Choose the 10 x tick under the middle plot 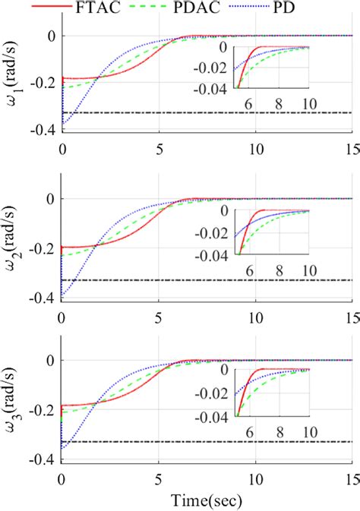[x=256, y=313]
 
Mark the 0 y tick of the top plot [x=51, y=36]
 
